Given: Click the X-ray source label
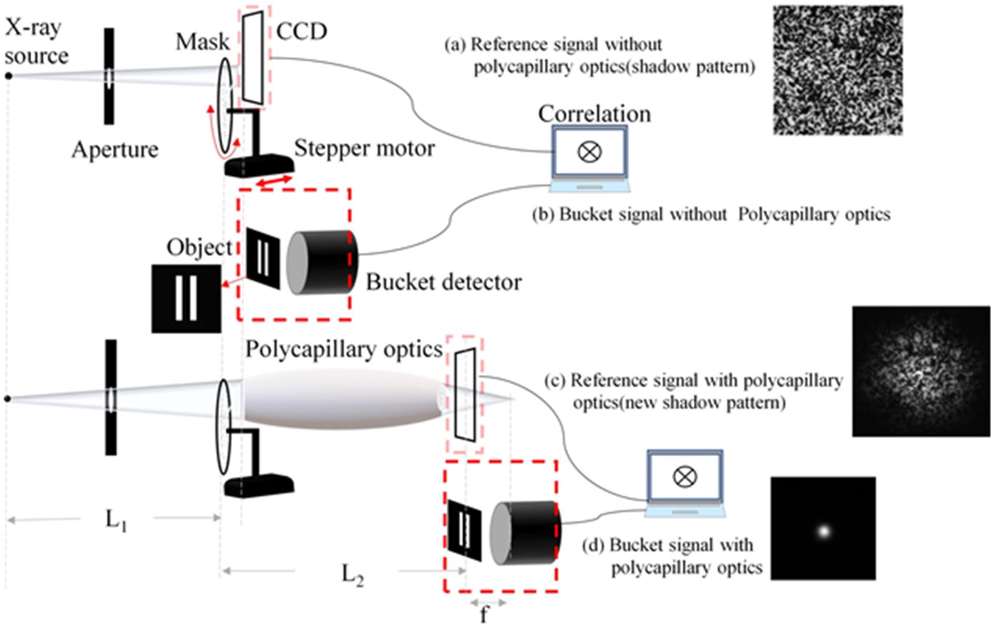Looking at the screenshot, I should pos(36,42).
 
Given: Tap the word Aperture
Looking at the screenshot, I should pos(115,150).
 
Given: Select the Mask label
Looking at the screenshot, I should pos(202,42).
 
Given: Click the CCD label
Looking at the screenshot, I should pos(302,31).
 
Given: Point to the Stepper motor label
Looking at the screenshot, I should pos(364,148).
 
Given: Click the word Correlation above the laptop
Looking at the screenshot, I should pos(594,114).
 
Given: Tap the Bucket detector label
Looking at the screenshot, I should pos(443,282).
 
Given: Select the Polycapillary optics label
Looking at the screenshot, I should pos(344,349).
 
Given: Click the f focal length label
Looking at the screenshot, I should pos(484,615).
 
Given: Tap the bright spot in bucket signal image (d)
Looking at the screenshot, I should pos(823,531).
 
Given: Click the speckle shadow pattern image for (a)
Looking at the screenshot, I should pos(837,70).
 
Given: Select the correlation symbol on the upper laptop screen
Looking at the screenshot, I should pos(589,152).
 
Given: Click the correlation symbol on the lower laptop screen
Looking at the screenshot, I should pos(685,476).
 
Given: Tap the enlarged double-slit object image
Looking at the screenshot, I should pos(186,299).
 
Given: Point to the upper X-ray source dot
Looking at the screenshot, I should pos(9,76).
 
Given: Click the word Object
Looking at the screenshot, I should pos(199,247).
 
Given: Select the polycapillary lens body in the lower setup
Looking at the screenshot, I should pos(342,398).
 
